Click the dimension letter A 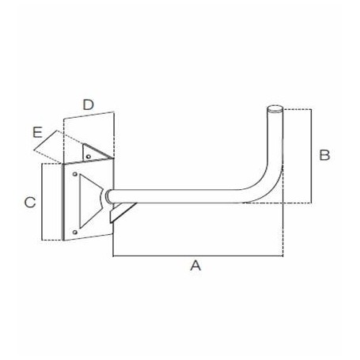click(195, 267)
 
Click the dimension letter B click(324, 155)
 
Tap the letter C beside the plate click(29, 203)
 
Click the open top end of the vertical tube click(274, 108)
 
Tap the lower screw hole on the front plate click(75, 230)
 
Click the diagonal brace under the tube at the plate click(123, 211)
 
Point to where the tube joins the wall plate click(108, 195)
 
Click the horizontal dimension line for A click(198, 256)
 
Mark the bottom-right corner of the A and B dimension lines click(283, 256)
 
